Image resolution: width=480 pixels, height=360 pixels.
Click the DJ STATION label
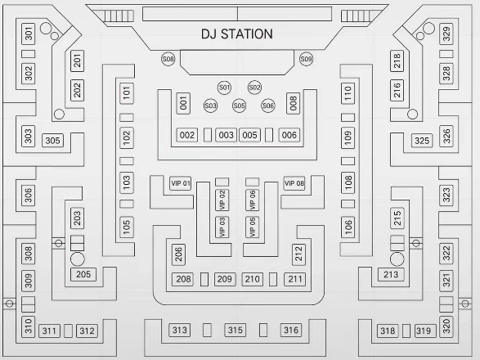(236, 34)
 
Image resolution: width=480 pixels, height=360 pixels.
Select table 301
(28, 34)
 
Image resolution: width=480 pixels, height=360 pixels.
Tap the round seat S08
(168, 59)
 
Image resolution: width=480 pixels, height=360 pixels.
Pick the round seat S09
(306, 59)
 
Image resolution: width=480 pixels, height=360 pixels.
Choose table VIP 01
(181, 183)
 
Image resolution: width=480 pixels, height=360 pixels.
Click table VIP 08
(294, 183)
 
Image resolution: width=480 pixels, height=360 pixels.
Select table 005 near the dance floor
(249, 135)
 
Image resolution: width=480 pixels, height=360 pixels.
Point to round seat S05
(239, 106)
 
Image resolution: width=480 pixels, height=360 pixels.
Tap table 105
(127, 227)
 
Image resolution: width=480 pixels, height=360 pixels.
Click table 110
(348, 93)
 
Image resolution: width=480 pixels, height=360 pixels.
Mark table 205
(83, 274)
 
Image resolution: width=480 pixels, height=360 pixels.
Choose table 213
(391, 274)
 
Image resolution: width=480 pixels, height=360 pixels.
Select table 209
(225, 279)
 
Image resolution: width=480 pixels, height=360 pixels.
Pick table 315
(236, 330)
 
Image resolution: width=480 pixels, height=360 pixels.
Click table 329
(446, 34)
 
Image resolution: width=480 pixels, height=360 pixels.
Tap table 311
(49, 331)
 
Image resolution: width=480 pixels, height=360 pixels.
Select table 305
(52, 141)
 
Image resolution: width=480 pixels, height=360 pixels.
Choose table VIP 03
(222, 227)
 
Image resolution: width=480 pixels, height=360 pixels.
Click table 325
(422, 141)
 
